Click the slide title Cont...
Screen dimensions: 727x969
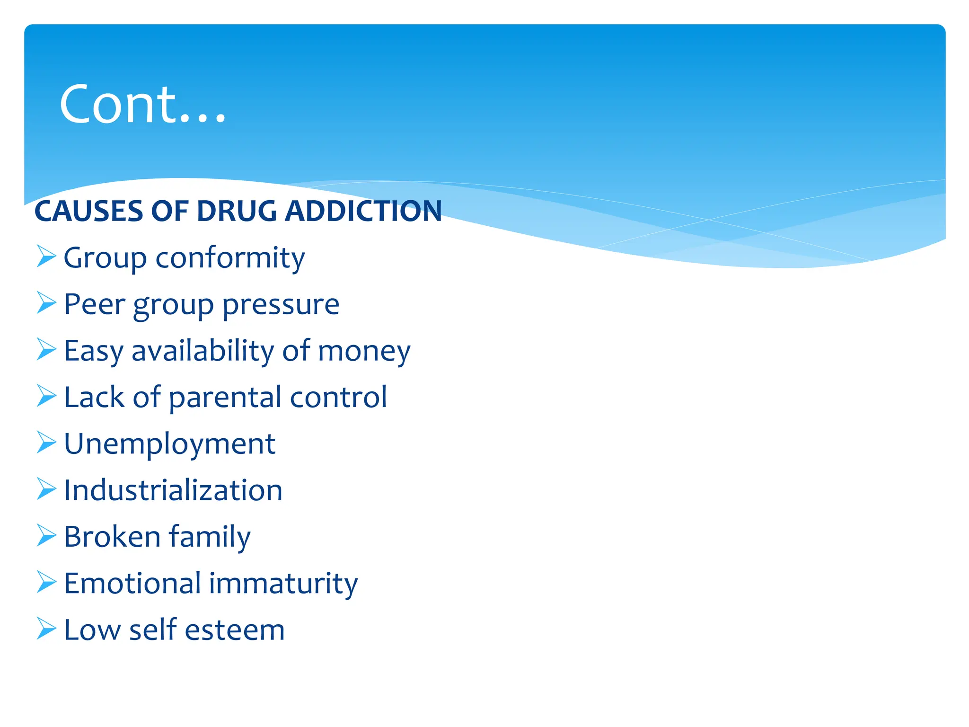pyautogui.click(x=142, y=104)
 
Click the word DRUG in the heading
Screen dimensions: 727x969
pyautogui.click(x=236, y=211)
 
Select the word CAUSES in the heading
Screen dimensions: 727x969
pyautogui.click(x=88, y=211)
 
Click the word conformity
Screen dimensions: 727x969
pyautogui.click(x=230, y=258)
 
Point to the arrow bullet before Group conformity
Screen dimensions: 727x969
pyautogui.click(x=46, y=257)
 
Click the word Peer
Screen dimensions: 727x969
pyautogui.click(x=95, y=304)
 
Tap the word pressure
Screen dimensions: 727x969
pyautogui.click(x=281, y=305)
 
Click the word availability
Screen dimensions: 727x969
pyautogui.click(x=203, y=351)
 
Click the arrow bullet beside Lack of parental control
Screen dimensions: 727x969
pyautogui.click(x=46, y=396)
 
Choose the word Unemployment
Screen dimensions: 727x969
pyautogui.click(x=169, y=444)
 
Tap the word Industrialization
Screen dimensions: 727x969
pyautogui.click(x=173, y=490)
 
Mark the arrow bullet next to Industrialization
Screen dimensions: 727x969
pyautogui.click(x=46, y=489)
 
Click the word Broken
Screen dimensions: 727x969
pyautogui.click(x=112, y=537)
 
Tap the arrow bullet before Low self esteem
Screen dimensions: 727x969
pyautogui.click(x=46, y=629)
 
